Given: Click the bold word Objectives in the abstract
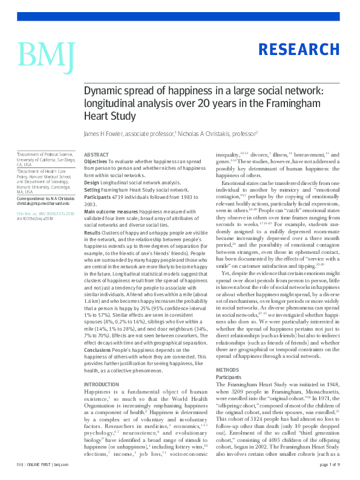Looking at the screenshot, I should point(96,163).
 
